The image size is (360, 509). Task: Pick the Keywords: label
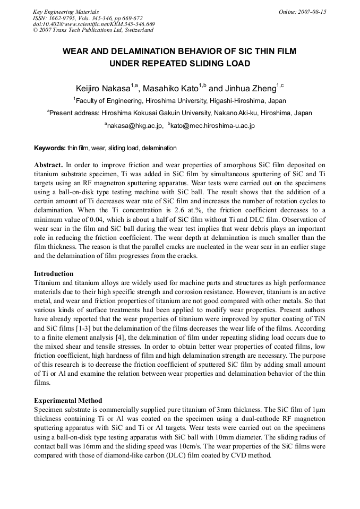tap(50, 148)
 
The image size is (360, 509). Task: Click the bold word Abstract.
tap(48, 165)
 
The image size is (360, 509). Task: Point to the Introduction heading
tap(54, 274)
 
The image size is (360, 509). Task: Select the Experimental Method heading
tap(68, 400)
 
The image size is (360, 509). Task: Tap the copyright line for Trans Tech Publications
tap(93, 30)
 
